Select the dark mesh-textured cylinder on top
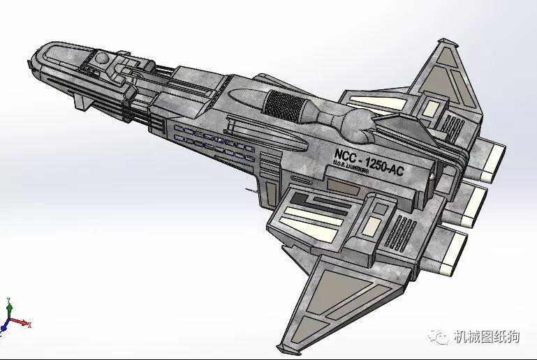[284, 107]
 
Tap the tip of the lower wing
[283, 347]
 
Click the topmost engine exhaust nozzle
[492, 156]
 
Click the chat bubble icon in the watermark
[441, 338]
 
